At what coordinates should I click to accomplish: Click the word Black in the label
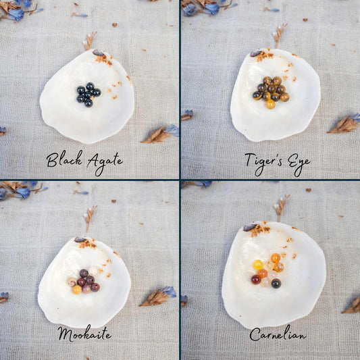point(64,159)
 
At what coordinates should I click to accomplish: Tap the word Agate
point(105,163)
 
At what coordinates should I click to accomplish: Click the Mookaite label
point(84,334)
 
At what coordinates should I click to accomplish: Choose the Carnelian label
point(278,334)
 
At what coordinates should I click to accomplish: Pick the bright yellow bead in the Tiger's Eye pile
point(271,105)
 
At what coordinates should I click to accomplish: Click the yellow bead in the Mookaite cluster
point(77,290)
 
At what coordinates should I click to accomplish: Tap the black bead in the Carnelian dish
point(276,283)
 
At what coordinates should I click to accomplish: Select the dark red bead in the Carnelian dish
point(256,280)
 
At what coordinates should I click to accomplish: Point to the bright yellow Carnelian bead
point(259,265)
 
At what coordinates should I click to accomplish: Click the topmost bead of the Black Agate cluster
point(90,86)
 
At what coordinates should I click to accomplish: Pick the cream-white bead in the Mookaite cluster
point(93,271)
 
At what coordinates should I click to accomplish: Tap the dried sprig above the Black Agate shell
point(90,41)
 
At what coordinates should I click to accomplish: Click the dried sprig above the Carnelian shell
point(282,207)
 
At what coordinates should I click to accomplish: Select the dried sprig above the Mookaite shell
point(90,217)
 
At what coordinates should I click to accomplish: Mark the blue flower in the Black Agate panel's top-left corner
point(16,14)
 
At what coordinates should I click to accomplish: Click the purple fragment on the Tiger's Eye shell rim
point(255,53)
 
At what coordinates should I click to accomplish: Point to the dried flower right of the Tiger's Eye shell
point(344,124)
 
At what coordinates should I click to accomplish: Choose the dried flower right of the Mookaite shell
point(158,297)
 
